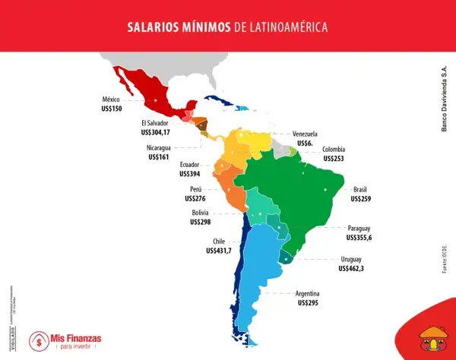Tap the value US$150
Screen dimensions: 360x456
[x=112, y=109]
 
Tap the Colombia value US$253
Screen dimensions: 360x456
[x=335, y=159]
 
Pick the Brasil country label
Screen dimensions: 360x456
[x=360, y=189]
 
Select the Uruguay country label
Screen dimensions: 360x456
[x=356, y=259]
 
